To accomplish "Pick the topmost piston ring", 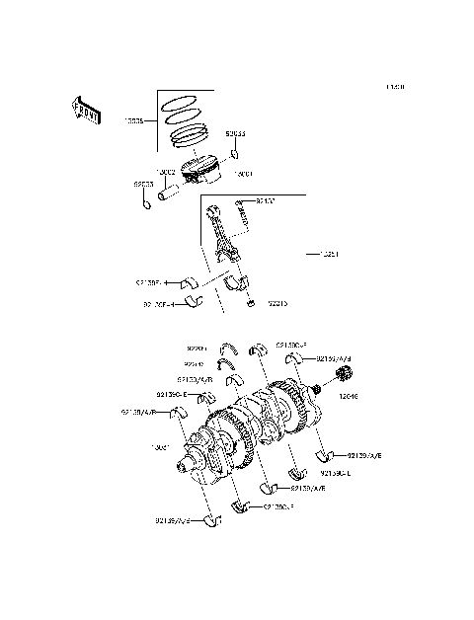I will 183,101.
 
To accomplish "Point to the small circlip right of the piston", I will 236,154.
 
